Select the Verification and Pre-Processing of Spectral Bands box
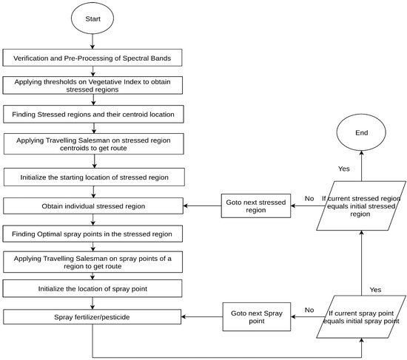coord(92,58)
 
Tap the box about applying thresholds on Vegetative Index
coord(92,86)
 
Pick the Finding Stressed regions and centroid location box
coord(92,115)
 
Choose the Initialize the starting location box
coord(92,177)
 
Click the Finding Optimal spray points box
coord(92,234)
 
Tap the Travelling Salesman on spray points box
coord(92,261)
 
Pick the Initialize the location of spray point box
coord(92,288)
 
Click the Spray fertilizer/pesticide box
coord(92,317)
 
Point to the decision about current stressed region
coord(361,204)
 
